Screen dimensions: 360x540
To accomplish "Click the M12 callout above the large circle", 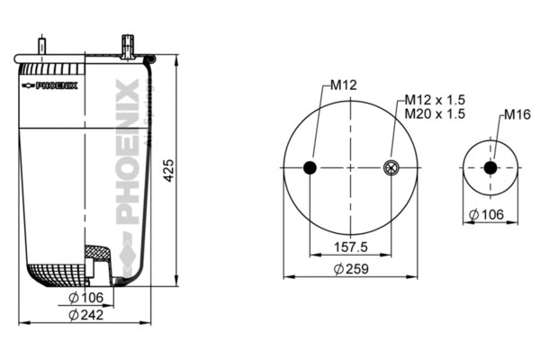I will (x=344, y=85).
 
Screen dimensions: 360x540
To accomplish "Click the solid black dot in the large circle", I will (x=310, y=168).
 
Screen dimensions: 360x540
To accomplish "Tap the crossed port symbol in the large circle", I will (x=391, y=168).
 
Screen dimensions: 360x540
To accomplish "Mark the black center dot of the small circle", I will (x=490, y=168).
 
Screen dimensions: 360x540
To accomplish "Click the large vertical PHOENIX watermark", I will (x=127, y=153).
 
